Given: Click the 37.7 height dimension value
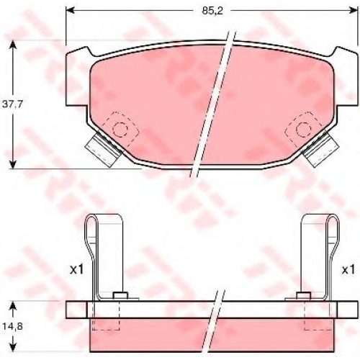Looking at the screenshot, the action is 12,104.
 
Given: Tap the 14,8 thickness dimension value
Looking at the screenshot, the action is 12,326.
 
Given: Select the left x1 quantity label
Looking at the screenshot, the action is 77,270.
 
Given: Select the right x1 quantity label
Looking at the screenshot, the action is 348,270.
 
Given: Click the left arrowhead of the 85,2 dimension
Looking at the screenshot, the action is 70,11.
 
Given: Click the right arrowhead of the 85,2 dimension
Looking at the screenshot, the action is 354,11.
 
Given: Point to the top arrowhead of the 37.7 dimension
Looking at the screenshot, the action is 13,45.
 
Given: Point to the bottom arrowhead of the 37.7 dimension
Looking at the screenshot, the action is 13,164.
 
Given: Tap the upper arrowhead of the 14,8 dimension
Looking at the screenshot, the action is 13,305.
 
